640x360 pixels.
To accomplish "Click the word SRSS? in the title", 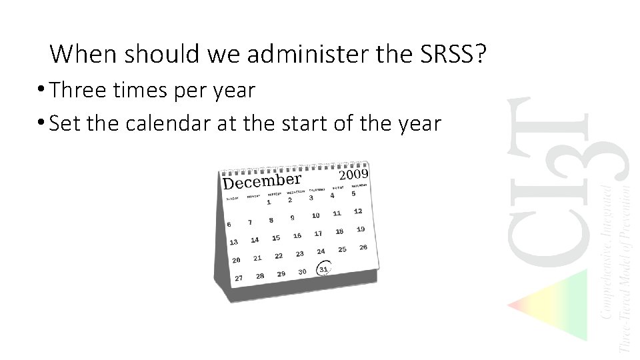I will (451, 54).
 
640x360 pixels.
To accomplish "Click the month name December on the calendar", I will (261, 181).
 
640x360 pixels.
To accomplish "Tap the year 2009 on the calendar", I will (354, 174).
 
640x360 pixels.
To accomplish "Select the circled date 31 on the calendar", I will (323, 269).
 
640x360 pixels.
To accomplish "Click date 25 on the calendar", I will (342, 249).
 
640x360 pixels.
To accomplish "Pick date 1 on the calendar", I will (269, 202).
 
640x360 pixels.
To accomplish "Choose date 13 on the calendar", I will (233, 242).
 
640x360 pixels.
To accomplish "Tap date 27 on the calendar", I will (239, 277).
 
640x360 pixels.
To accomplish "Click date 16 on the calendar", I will (297, 235).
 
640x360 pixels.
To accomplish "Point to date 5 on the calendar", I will (353, 193).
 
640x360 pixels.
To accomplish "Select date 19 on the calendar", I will (361, 229).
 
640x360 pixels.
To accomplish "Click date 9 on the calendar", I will (292, 217).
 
